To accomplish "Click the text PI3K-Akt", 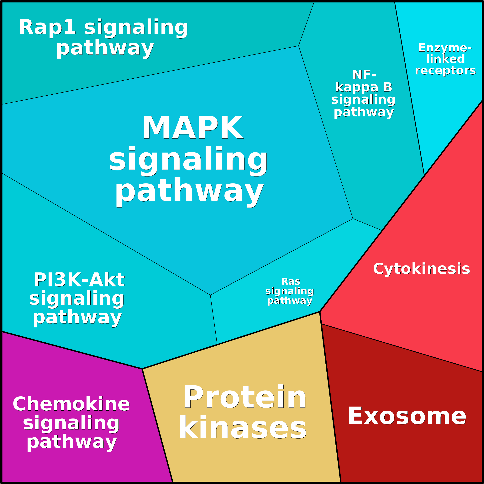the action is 79,280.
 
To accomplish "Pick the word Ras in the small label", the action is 291,281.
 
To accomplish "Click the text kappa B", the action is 364,87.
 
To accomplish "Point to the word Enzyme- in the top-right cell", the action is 445,48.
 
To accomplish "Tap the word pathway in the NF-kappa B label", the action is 364,112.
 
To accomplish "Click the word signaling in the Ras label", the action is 290,291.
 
